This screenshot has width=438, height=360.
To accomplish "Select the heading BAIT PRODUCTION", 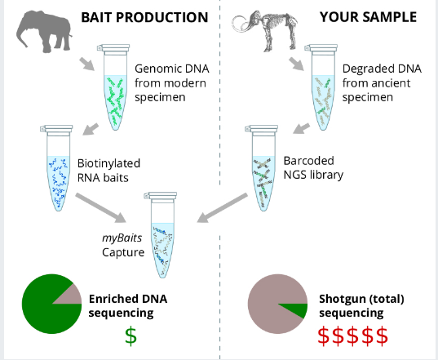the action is click(x=144, y=17).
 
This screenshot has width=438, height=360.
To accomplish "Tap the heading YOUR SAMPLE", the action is click(x=368, y=17).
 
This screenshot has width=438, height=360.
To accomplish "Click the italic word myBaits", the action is click(x=122, y=238).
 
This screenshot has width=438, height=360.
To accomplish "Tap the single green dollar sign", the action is click(x=131, y=336).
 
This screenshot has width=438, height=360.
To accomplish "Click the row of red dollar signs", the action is click(x=353, y=336).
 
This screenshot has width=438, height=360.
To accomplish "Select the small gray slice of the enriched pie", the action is click(x=70, y=296).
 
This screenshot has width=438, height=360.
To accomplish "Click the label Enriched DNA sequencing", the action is click(x=128, y=306).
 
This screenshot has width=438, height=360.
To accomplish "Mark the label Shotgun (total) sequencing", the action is click(x=362, y=306).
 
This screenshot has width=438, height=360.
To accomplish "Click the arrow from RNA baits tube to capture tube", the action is click(x=101, y=208).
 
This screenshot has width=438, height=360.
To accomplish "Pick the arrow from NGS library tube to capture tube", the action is click(x=223, y=207).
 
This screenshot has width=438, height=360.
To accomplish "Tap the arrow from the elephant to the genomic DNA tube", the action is click(x=87, y=64).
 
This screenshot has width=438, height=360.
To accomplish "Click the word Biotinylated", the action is click(x=108, y=163).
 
